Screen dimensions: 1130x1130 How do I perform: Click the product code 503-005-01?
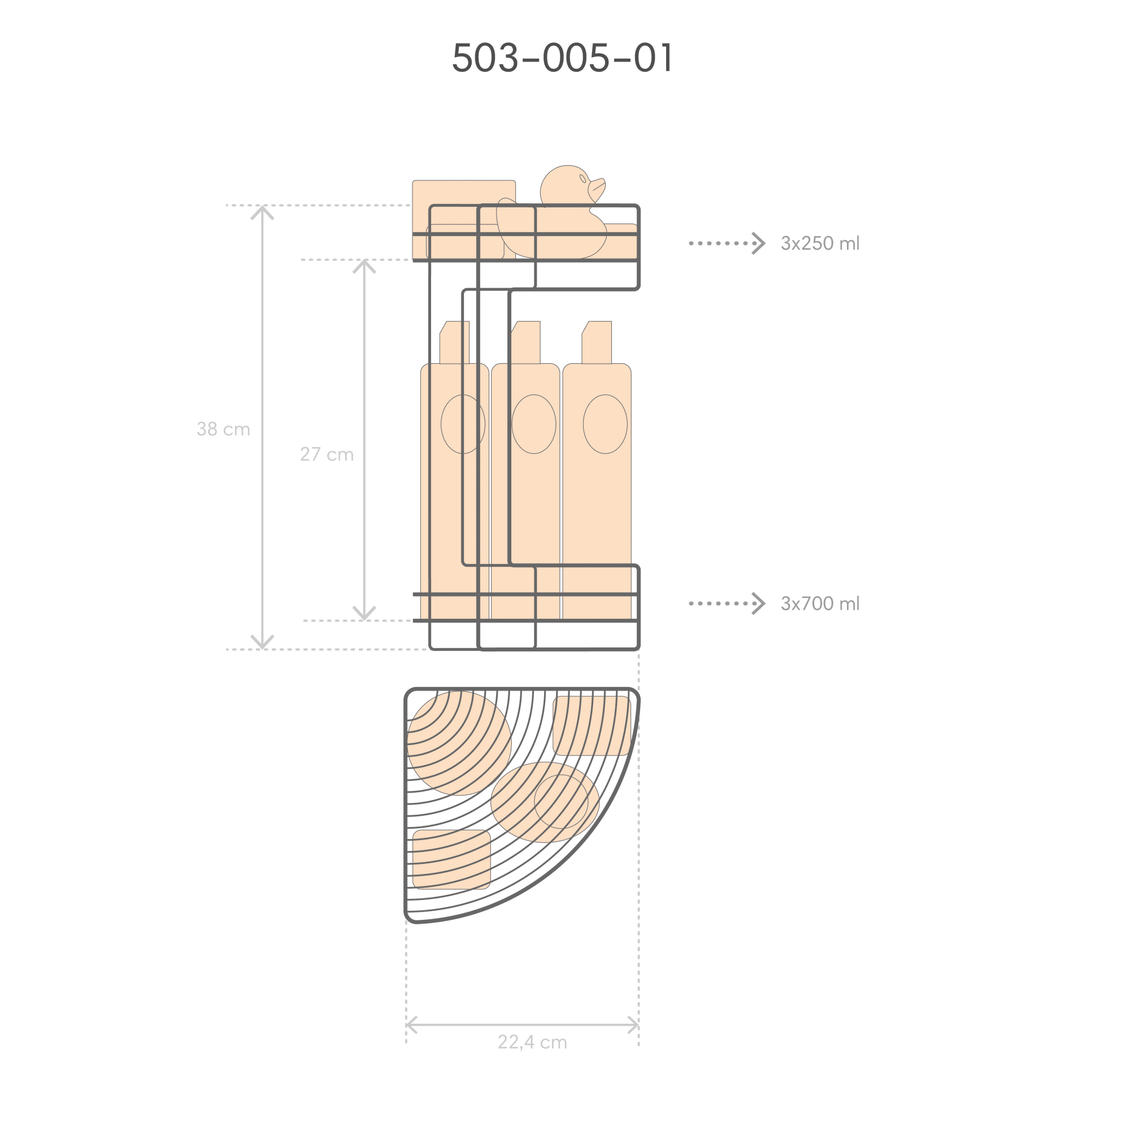pyautogui.click(x=563, y=57)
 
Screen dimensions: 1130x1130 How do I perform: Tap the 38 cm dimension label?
pyautogui.click(x=223, y=429)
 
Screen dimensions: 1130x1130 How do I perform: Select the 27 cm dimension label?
pyautogui.click(x=327, y=454)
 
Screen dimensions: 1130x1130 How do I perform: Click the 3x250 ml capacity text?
pyautogui.click(x=820, y=244)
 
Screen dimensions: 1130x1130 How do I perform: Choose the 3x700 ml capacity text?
pyautogui.click(x=820, y=603)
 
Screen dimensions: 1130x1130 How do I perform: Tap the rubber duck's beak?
pyautogui.click(x=597, y=188)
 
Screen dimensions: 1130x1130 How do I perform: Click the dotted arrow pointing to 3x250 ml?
pyautogui.click(x=727, y=244)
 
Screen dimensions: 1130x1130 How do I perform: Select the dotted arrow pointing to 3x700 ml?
pyautogui.click(x=727, y=603)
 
